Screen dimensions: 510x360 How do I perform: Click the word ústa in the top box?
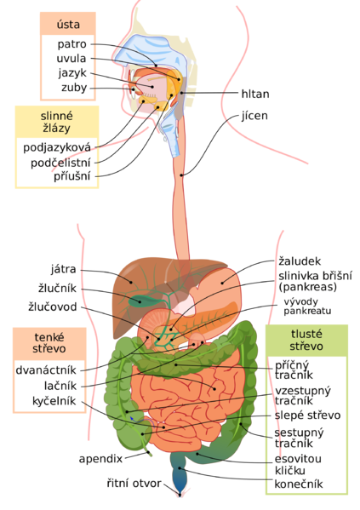pyautogui.click(x=67, y=25)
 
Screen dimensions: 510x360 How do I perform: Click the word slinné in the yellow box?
pyautogui.click(x=57, y=116)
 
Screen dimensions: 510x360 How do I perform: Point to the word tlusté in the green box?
pyautogui.click(x=306, y=333)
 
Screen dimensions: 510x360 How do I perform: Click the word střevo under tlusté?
pyautogui.click(x=306, y=347)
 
